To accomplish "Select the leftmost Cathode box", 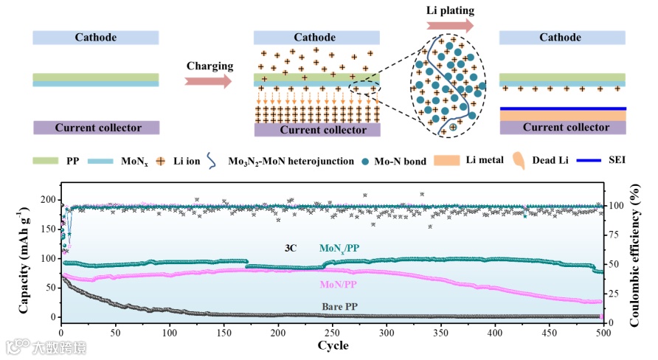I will click(x=96, y=38).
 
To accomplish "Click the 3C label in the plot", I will click(x=291, y=249).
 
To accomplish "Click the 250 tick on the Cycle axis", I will click(x=331, y=332).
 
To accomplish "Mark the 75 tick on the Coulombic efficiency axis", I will click(x=614, y=235).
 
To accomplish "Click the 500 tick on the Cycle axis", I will click(x=603, y=332).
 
